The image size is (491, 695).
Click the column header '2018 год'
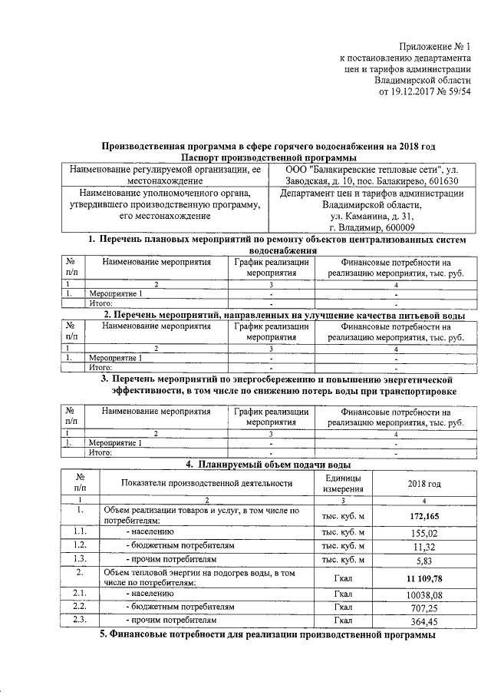click(423, 484)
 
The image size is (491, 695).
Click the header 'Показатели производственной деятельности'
click(207, 484)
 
